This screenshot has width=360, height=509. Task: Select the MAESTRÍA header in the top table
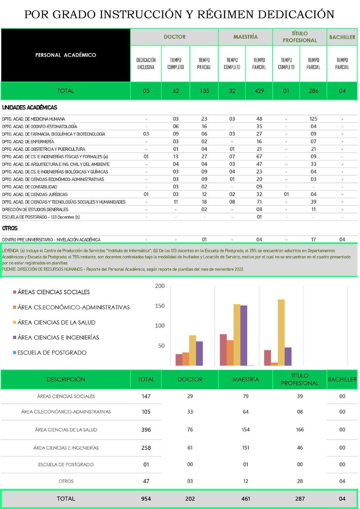tap(245, 37)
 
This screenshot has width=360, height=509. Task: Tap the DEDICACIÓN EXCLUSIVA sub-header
tap(146, 64)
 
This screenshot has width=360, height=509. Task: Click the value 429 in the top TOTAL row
tap(259, 91)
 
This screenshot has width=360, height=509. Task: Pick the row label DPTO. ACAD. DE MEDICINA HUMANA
tap(34, 119)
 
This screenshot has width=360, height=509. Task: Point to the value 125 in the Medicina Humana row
tap(313, 119)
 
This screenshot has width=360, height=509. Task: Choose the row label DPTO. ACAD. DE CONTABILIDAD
tap(29, 187)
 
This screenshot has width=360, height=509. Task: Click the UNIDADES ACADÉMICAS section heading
tap(30, 108)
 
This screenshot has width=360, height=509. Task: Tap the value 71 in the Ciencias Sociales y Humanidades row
tap(259, 202)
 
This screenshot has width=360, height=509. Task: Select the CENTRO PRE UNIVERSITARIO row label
tap(51, 239)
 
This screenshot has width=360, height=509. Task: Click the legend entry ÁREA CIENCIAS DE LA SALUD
tap(56, 323)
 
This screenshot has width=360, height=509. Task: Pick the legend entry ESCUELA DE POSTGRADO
tap(52, 353)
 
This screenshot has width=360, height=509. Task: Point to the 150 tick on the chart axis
tap(160, 306)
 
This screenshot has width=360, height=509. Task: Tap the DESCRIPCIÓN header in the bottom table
tap(66, 379)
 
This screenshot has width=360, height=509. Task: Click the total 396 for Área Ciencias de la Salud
tap(146, 430)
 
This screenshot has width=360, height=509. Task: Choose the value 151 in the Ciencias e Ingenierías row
tap(245, 448)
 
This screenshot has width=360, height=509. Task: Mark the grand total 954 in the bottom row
tap(146, 499)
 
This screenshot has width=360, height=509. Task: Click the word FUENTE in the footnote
tap(9, 269)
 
